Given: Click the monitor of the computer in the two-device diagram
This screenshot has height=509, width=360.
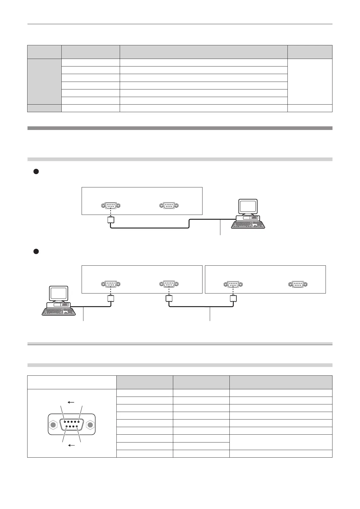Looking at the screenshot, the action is coord(59,294).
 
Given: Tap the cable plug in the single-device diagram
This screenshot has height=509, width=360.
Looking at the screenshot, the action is coord(111,220).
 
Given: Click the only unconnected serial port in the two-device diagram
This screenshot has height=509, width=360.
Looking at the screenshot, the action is coord(298,284).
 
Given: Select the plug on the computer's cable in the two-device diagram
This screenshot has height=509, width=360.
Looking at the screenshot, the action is coord(111,299).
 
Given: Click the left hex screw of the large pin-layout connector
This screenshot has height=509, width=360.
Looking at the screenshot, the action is coord(53,425).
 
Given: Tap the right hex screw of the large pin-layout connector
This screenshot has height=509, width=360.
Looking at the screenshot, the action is coord(90,425).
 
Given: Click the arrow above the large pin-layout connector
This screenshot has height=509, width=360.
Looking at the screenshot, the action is coord(71,402).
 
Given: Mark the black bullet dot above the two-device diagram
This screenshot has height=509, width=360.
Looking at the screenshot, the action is coord(35,251).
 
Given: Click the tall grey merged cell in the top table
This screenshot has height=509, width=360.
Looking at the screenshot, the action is coord(44,81).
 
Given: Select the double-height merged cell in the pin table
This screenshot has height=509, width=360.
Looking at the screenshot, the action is coord(281,442).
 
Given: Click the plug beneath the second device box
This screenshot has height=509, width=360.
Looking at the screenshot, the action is coord(233,299).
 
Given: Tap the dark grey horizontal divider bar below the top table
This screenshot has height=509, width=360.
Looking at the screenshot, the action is coord(180,128).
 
